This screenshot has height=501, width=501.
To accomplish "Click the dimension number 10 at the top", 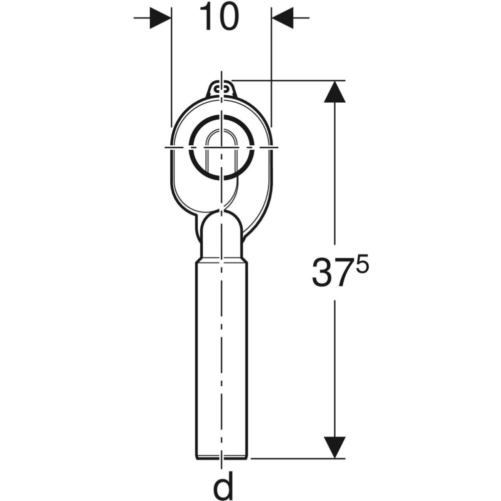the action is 219,17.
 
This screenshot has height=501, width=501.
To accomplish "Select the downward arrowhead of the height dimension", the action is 335,447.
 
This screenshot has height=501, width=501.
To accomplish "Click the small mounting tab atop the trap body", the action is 221,91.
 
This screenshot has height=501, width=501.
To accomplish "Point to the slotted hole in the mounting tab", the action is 221,89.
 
